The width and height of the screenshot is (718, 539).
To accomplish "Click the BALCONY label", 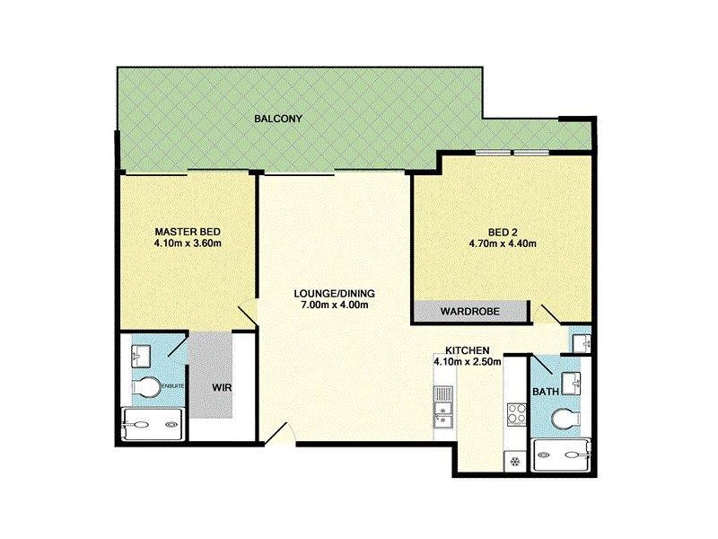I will [277, 119].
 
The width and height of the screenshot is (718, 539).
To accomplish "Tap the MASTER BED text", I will [188, 230].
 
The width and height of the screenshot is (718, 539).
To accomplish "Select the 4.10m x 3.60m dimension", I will [188, 243].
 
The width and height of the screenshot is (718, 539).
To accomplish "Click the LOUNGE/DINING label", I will [333, 294].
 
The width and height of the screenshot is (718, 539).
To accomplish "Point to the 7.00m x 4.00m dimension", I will [333, 305].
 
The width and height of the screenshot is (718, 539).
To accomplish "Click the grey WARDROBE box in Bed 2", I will [468, 312].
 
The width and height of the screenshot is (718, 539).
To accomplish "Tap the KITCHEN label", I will [467, 350].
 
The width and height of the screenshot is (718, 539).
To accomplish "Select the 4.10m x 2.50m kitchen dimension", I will [467, 362].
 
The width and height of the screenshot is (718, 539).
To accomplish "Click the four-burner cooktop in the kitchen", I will [517, 415].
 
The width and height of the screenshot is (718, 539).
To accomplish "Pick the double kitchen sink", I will [442, 402].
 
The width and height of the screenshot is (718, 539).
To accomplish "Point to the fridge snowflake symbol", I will [515, 462].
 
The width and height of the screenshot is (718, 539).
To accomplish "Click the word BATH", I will [545, 392].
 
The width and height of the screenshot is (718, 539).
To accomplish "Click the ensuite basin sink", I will [142, 356].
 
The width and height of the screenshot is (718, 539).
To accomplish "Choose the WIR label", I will [222, 388].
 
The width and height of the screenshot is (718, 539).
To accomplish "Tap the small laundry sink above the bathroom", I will [581, 342].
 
